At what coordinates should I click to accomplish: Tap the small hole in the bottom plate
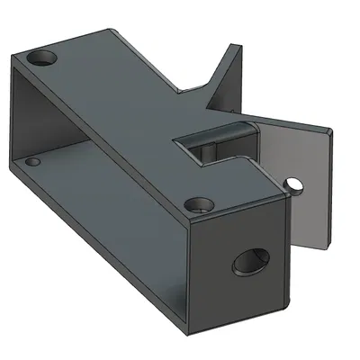tap(33, 163)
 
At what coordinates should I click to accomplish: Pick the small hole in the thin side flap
tap(294, 185)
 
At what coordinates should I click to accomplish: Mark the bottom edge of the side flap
tap(311, 245)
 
